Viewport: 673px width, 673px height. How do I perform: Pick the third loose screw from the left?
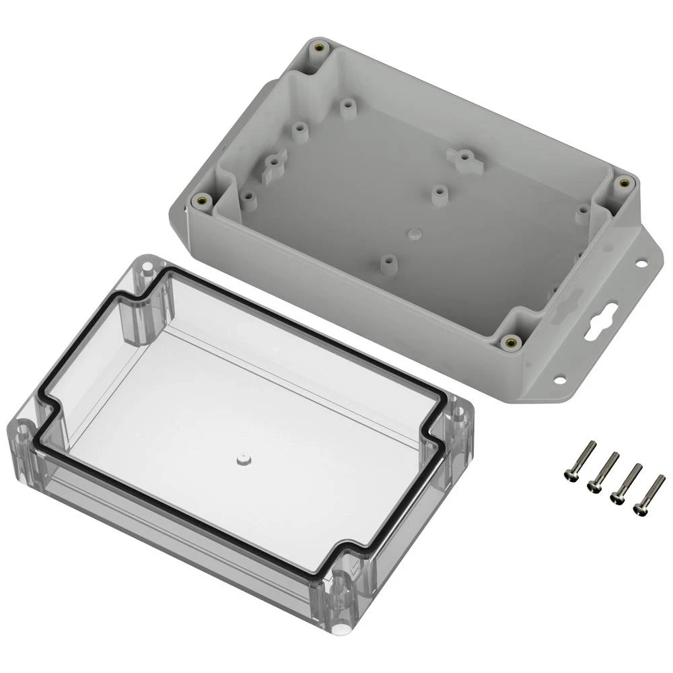click(x=625, y=483)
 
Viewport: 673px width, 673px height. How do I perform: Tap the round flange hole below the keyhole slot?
click(x=559, y=380)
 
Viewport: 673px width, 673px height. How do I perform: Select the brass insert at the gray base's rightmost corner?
click(x=623, y=182)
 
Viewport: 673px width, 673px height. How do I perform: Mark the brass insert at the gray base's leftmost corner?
click(x=201, y=201)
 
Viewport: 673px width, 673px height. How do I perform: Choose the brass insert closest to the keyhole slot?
click(x=511, y=342)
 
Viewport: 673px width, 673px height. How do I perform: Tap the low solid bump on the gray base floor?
click(x=414, y=232)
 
